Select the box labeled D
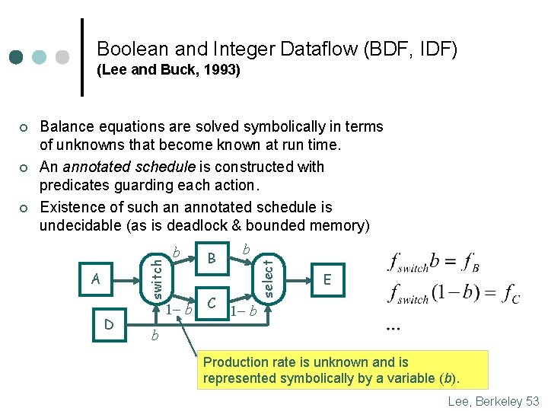coord(108,325)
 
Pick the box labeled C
coord(214,303)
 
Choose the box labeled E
coord(327,279)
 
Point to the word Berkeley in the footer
coord(495,401)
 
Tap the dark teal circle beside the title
coord(18,57)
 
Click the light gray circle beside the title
coord(62,57)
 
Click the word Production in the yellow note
coord(236,362)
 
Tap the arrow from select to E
coord(295,279)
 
